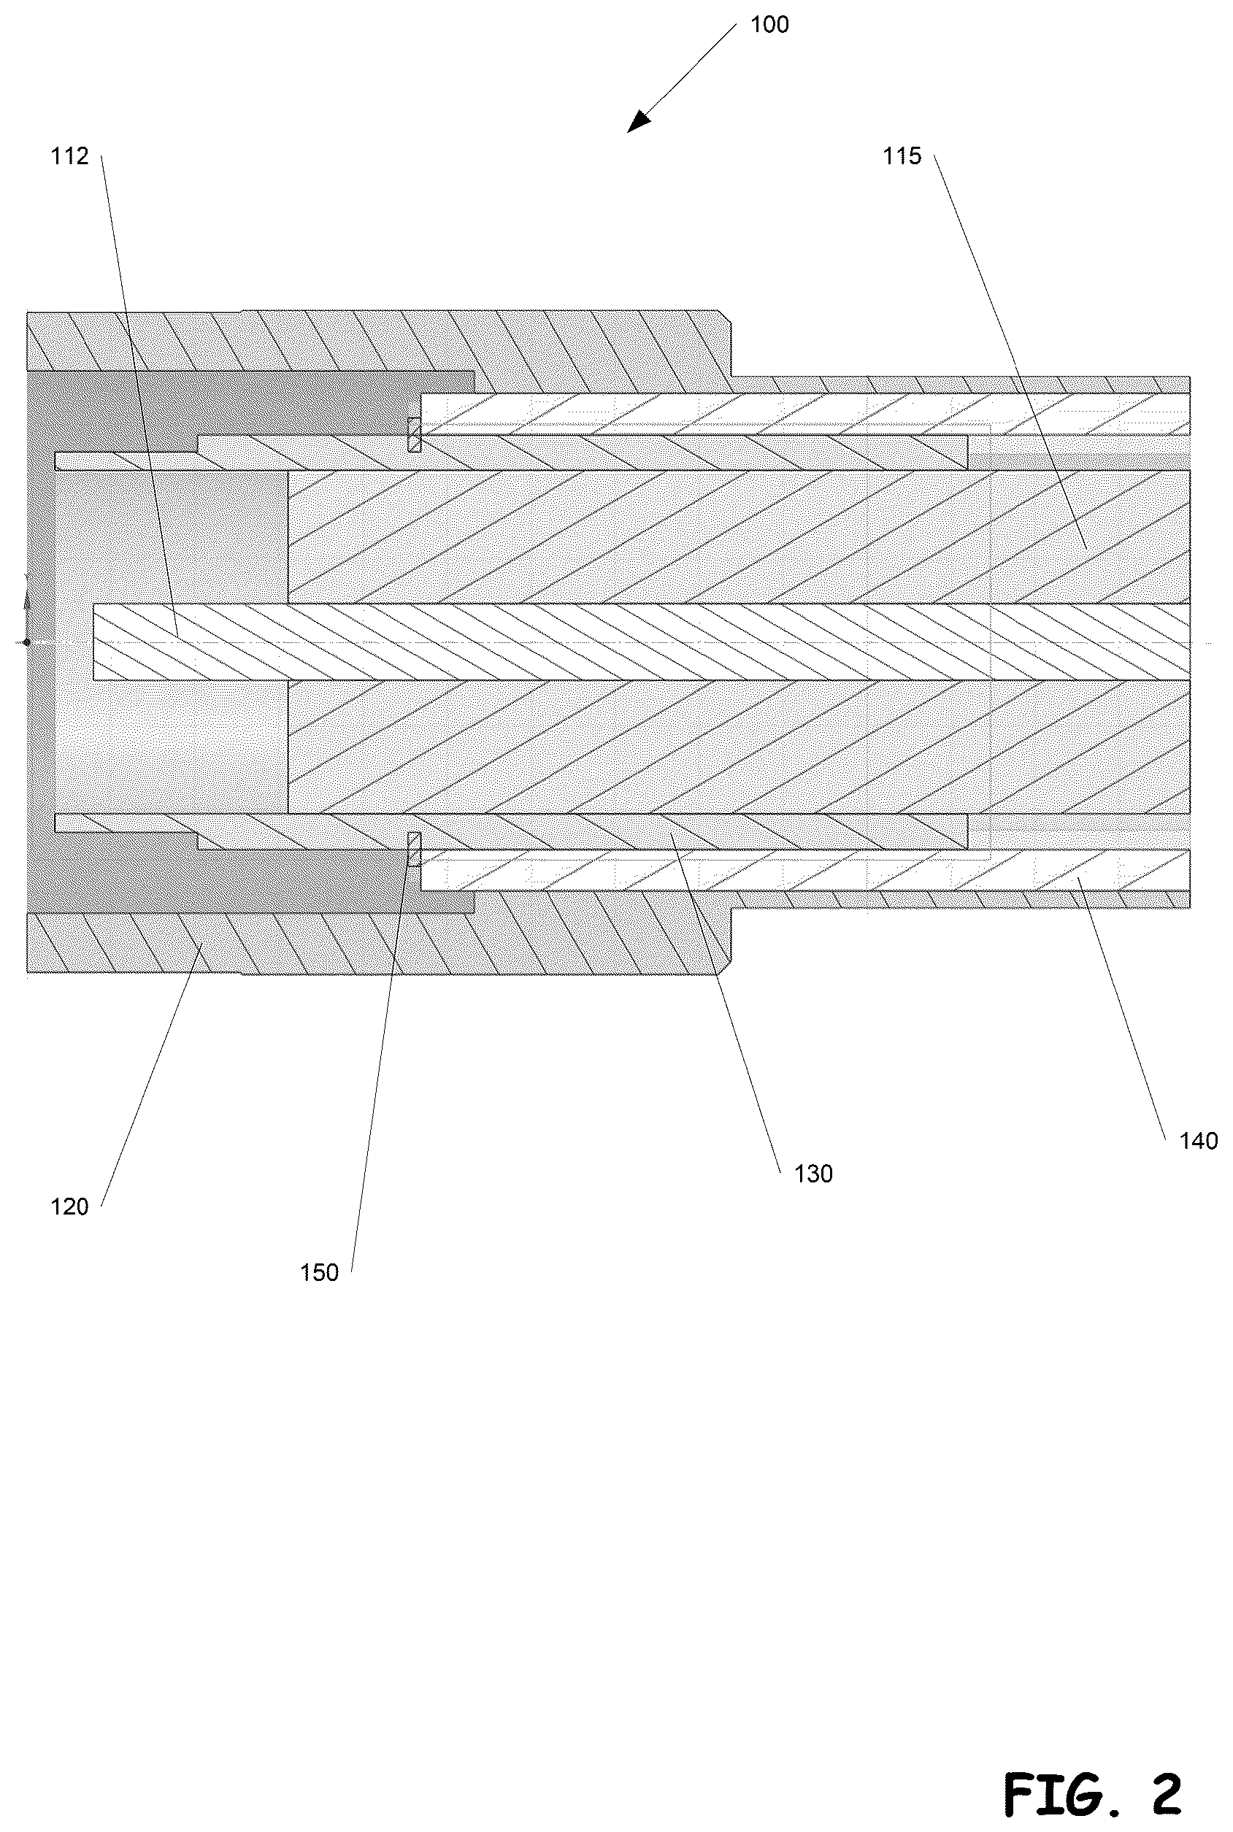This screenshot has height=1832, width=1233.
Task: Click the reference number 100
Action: point(769,25)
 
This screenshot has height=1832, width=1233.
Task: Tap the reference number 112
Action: point(70,156)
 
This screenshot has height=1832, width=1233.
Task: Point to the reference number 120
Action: point(70,1207)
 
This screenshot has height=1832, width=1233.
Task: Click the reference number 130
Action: point(813,1174)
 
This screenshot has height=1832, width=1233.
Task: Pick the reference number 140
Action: point(1199,1141)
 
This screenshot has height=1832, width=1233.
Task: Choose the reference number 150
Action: point(319,1273)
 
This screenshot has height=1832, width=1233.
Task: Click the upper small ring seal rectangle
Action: point(414,435)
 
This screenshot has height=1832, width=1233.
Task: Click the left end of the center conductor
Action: point(93,642)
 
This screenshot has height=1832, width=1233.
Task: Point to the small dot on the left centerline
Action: point(26,642)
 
